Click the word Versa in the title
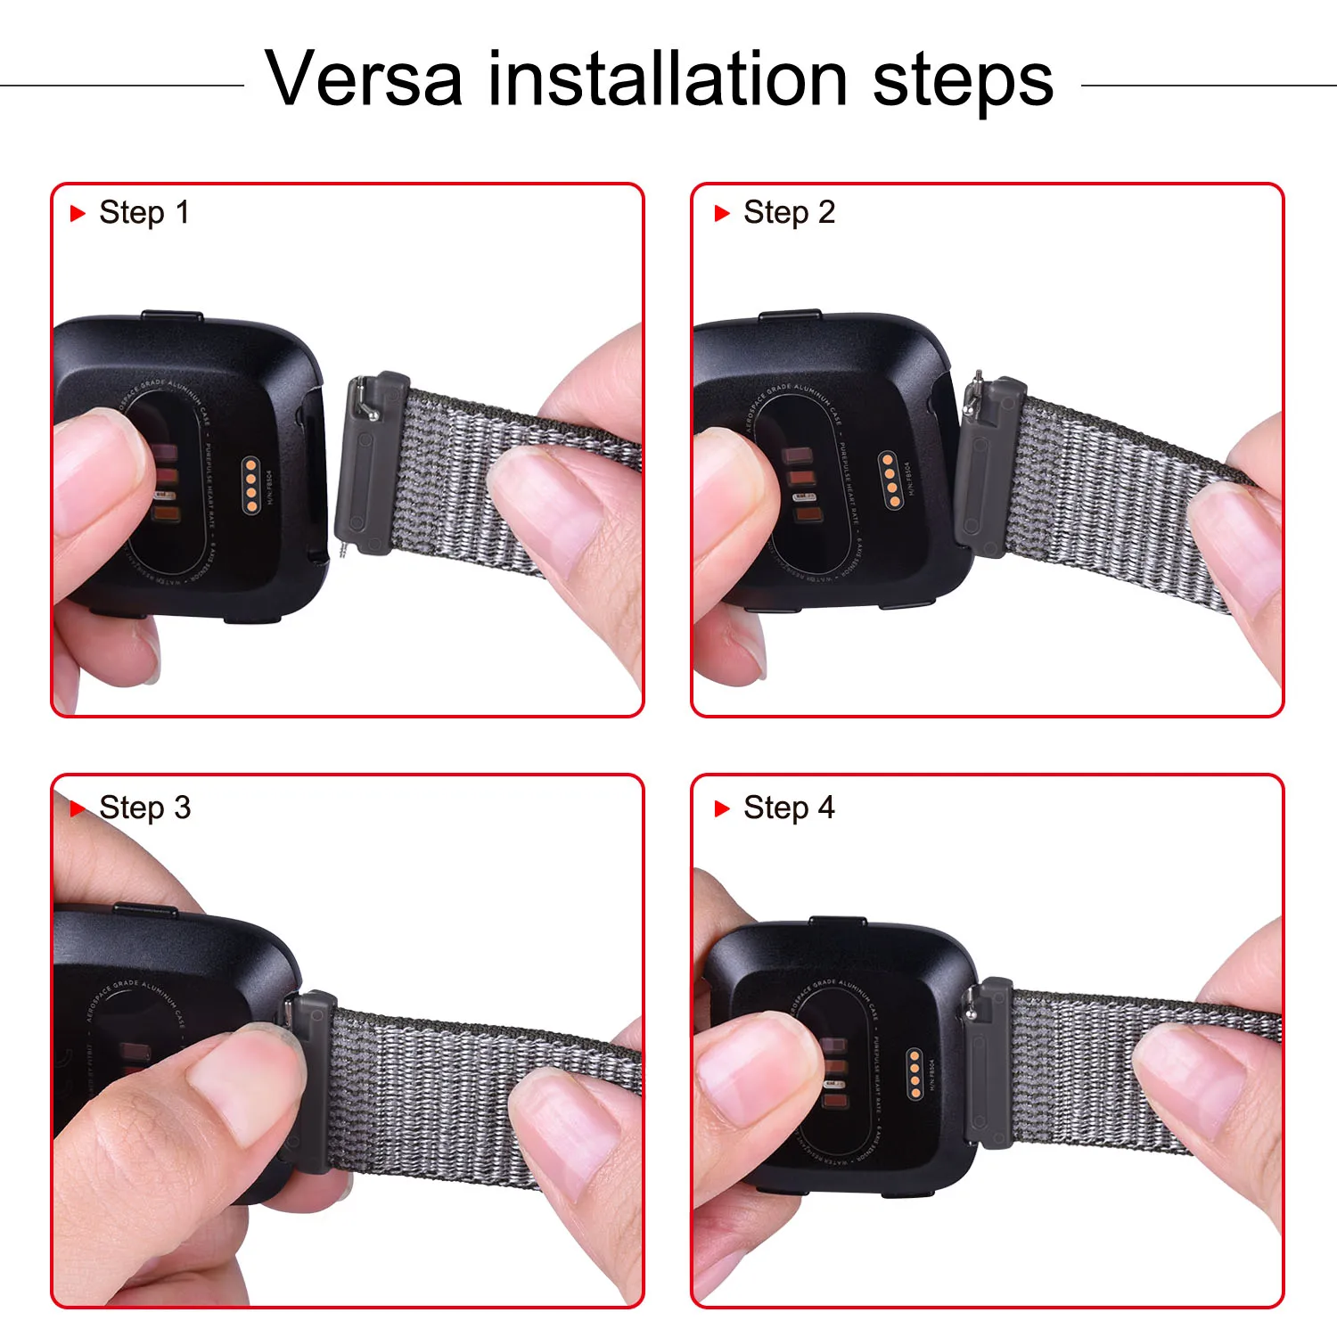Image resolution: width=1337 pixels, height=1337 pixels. [364, 79]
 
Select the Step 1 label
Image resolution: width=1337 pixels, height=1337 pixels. [144, 213]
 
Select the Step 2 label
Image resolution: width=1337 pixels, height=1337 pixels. [789, 213]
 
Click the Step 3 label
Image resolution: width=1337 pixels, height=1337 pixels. [144, 808]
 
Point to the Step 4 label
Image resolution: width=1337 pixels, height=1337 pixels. [789, 808]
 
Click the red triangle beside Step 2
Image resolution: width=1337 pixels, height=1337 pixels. [722, 213]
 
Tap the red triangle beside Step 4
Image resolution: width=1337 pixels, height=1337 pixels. [722, 808]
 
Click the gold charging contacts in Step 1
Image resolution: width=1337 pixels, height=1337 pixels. [252, 485]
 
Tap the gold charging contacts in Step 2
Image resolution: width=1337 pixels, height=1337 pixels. [890, 480]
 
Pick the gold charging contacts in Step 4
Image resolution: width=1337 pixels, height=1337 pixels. [915, 1073]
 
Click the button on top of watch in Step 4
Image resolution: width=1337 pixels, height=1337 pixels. [836, 921]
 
